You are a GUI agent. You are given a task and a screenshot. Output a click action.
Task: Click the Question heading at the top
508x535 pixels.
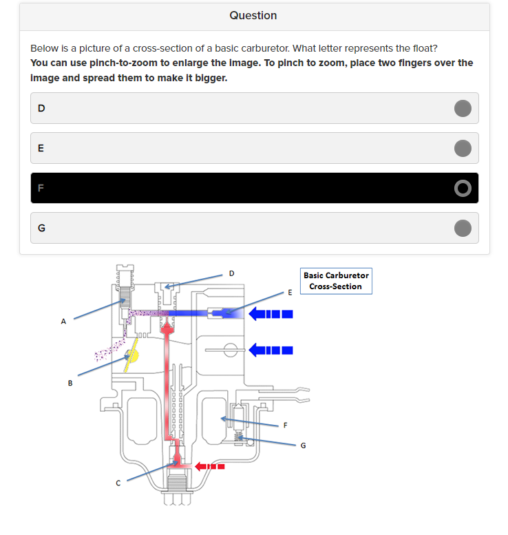click(253, 15)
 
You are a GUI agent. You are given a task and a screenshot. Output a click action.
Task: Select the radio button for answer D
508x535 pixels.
click(463, 108)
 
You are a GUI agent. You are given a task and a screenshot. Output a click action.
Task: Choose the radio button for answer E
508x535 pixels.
click(463, 148)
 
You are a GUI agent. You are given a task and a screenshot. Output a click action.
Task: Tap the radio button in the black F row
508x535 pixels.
click(463, 188)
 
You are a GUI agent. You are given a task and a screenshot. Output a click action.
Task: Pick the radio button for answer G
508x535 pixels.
click(463, 228)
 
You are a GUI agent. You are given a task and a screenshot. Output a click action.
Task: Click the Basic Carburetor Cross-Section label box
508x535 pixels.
click(336, 281)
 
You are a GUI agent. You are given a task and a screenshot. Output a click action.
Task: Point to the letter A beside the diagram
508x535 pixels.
click(63, 321)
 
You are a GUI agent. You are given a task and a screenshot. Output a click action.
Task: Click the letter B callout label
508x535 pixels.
click(70, 384)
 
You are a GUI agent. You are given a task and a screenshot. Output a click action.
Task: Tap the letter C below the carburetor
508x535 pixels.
click(118, 483)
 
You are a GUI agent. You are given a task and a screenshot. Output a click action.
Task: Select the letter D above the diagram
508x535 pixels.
click(231, 273)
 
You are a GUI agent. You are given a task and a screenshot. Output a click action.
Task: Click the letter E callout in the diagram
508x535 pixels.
click(290, 293)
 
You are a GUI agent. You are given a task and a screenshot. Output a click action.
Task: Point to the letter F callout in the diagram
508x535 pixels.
click(285, 425)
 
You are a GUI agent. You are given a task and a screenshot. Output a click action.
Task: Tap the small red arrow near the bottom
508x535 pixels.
click(211, 466)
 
